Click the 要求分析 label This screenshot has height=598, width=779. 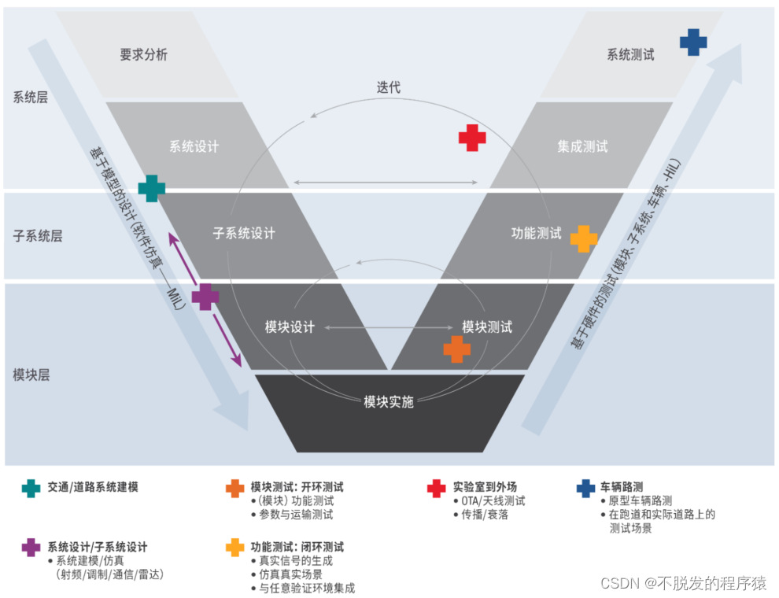[x=143, y=55]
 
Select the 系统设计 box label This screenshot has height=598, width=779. [x=194, y=146]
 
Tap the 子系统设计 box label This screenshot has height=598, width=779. [x=244, y=233]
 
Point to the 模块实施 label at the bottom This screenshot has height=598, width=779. [x=389, y=401]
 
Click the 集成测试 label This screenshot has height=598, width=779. [x=582, y=146]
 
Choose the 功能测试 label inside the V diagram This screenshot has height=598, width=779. [x=537, y=233]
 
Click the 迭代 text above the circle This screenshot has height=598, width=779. [x=388, y=87]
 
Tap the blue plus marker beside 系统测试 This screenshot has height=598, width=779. [x=693, y=42]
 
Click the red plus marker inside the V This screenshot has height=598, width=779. [x=472, y=138]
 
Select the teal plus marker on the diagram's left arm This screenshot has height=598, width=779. [x=152, y=189]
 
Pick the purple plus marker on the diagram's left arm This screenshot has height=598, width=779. [x=205, y=297]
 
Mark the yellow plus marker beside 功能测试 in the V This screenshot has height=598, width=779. [x=584, y=238]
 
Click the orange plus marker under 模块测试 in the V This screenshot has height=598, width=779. [x=456, y=349]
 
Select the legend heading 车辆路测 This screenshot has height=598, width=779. [x=621, y=487]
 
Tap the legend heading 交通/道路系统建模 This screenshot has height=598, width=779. [x=92, y=487]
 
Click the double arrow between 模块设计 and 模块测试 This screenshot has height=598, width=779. [x=388, y=327]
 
